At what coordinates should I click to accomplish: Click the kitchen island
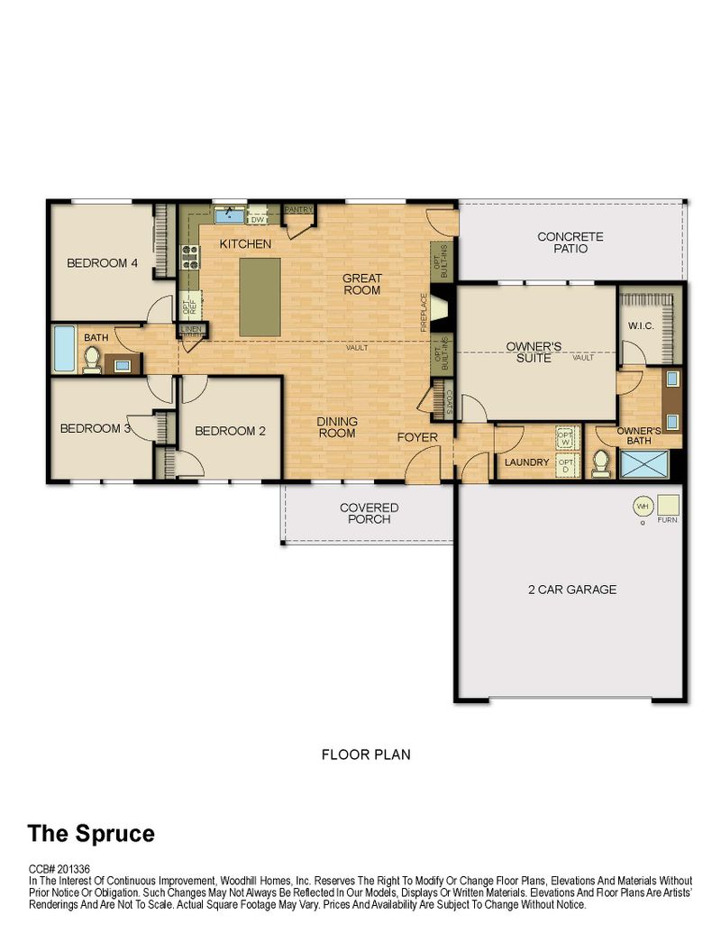point(260,297)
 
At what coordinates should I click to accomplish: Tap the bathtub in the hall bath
point(64,348)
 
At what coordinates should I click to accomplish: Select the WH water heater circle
point(643,507)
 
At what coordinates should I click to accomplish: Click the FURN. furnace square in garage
point(668,505)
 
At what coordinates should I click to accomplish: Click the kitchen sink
point(229,215)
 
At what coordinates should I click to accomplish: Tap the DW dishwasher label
point(257,220)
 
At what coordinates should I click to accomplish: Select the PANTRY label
point(298,209)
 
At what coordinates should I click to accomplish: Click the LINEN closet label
point(192,328)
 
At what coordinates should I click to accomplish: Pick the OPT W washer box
point(566,438)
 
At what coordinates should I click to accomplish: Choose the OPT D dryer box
point(566,464)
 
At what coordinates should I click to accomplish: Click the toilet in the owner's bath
point(601,463)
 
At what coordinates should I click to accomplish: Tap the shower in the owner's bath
point(644,464)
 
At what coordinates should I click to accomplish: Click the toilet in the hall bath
point(92,360)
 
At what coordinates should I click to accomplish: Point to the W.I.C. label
point(641,326)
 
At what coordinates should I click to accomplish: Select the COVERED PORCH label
point(369,513)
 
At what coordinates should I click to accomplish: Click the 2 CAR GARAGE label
point(572,589)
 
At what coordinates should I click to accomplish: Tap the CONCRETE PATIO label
point(570,242)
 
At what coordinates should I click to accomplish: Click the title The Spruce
point(91,834)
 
